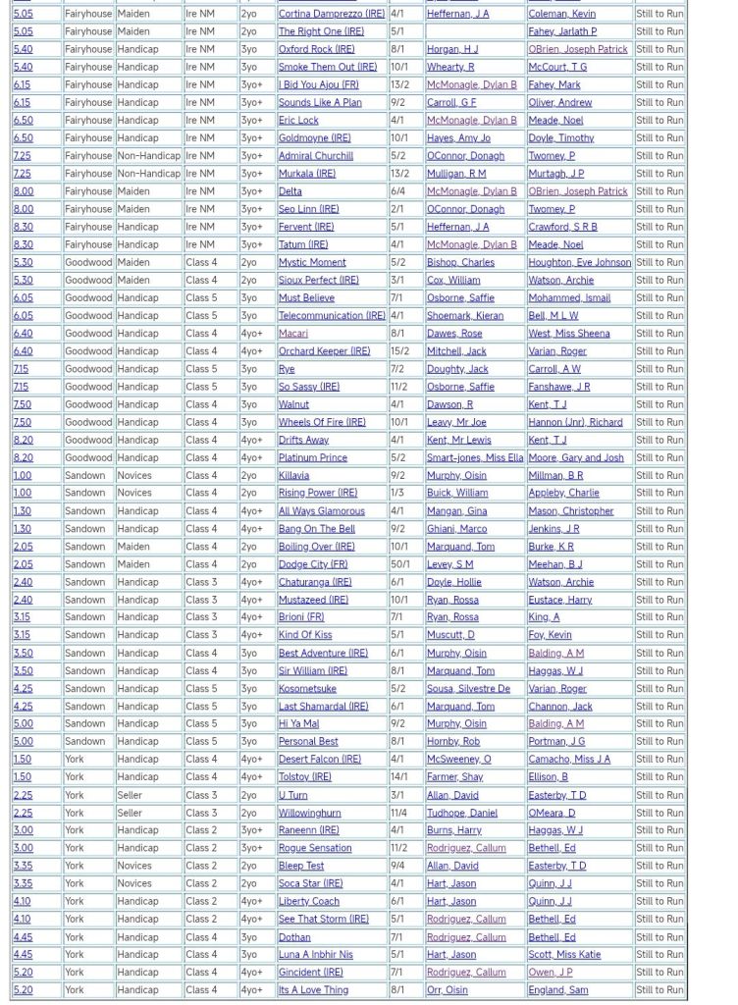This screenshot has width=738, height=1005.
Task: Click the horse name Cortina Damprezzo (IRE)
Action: [331, 14]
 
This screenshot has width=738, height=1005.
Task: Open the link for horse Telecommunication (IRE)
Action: [331, 316]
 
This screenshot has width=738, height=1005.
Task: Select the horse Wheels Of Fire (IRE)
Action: [321, 422]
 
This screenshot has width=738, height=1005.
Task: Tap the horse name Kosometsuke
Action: [307, 689]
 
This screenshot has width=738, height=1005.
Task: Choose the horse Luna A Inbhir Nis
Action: [315, 955]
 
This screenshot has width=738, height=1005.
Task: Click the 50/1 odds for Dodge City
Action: [401, 564]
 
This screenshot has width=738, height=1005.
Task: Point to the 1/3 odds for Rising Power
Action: [397, 494]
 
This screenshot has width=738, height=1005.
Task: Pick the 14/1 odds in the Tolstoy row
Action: [401, 777]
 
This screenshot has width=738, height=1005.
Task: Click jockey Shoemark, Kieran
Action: [464, 316]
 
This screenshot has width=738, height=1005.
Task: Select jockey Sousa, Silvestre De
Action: [468, 689]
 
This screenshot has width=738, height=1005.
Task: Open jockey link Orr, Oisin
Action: [449, 990]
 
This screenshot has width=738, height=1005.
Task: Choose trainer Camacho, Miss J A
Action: [569, 760]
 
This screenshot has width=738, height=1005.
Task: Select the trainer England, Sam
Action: [558, 990]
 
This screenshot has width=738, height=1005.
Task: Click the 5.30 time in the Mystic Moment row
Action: [23, 263]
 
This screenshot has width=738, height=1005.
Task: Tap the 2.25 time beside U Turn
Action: [23, 795]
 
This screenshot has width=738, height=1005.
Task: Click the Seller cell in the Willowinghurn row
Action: [131, 813]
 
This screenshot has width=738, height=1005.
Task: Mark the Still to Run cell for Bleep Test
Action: [659, 867]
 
